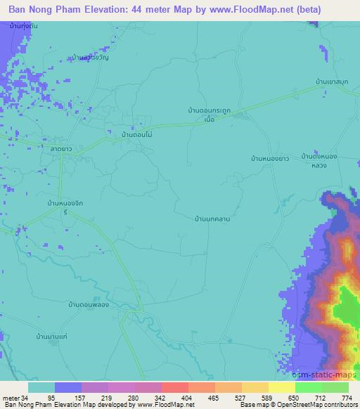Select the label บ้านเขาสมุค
[x=333, y=82]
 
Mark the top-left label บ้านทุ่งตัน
[x=25, y=25]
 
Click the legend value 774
[x=346, y=397]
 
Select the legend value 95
[x=51, y=397]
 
